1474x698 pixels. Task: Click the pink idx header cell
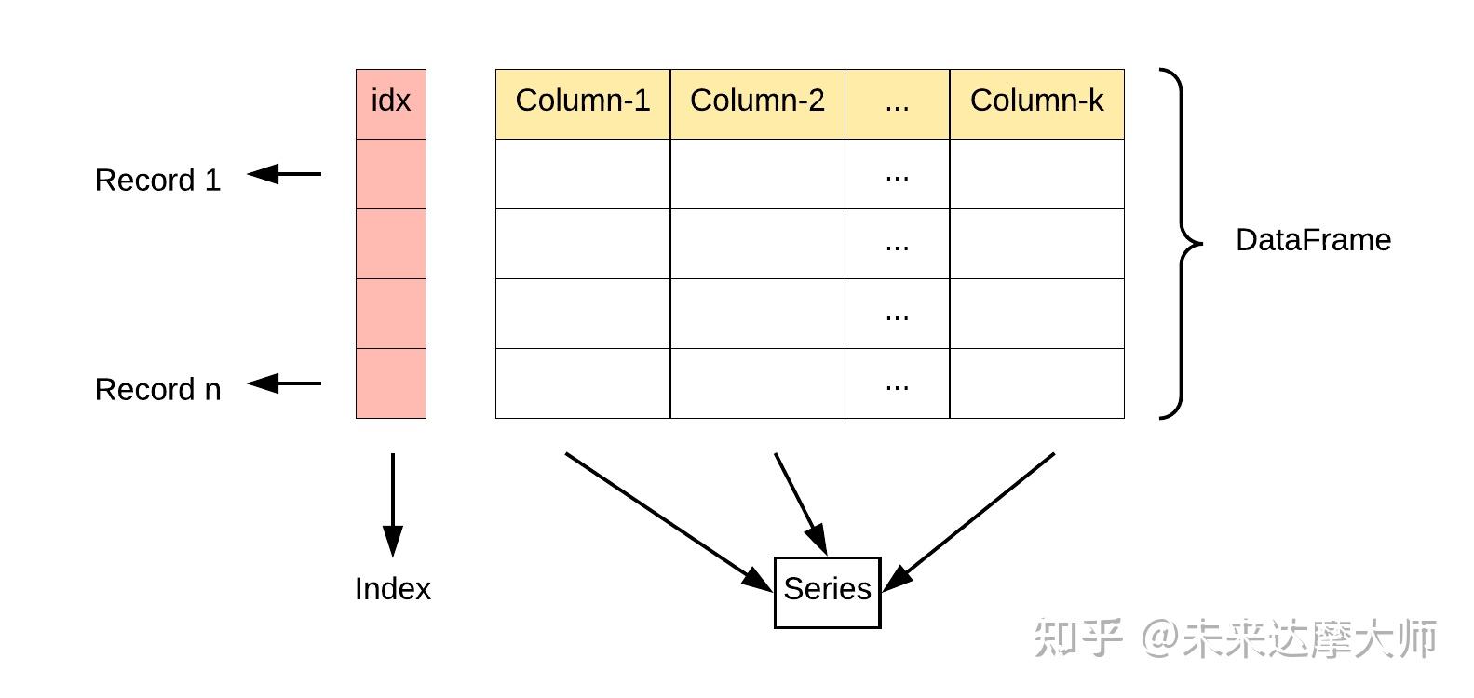point(391,103)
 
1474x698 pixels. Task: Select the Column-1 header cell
point(583,103)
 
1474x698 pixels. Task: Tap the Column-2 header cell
point(757,103)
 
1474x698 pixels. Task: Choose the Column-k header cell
point(1036,103)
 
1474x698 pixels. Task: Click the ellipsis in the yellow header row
point(897,103)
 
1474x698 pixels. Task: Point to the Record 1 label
point(158,180)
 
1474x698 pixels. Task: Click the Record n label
point(158,389)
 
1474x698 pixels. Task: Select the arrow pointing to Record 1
point(285,174)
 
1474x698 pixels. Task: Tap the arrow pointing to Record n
point(285,383)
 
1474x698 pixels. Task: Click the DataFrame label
point(1313,240)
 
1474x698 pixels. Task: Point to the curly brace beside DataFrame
point(1181,243)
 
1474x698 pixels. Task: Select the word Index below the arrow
point(393,589)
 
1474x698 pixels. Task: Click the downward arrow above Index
point(393,503)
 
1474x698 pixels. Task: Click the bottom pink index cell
point(391,383)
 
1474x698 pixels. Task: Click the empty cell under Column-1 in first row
point(583,174)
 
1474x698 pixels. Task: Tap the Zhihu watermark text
point(1235,639)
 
